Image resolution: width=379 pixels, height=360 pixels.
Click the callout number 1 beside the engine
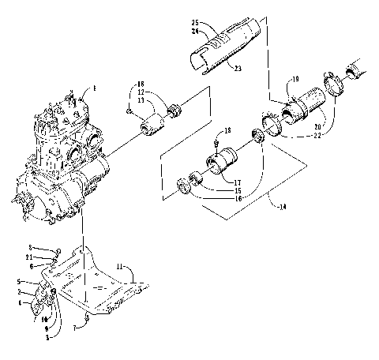(x=94, y=91)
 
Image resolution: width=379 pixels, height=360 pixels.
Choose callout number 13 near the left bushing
(x=139, y=102)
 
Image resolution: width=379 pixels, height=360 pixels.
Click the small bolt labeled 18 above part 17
(x=216, y=143)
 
